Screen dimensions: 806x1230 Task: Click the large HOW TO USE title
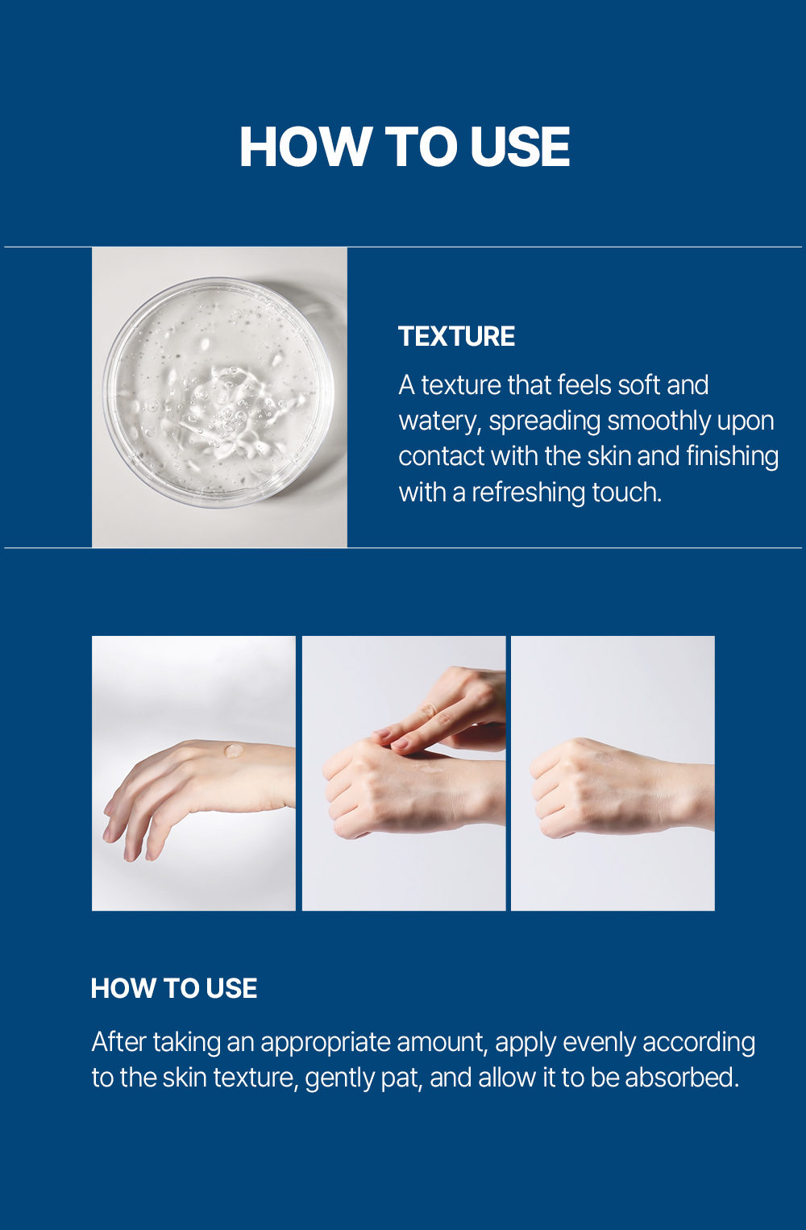405,146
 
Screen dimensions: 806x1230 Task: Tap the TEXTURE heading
456,336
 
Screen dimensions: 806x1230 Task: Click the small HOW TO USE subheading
174,988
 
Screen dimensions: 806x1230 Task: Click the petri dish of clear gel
218,393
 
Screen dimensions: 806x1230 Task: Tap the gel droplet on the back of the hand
234,750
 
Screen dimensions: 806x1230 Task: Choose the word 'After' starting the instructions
118,1041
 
